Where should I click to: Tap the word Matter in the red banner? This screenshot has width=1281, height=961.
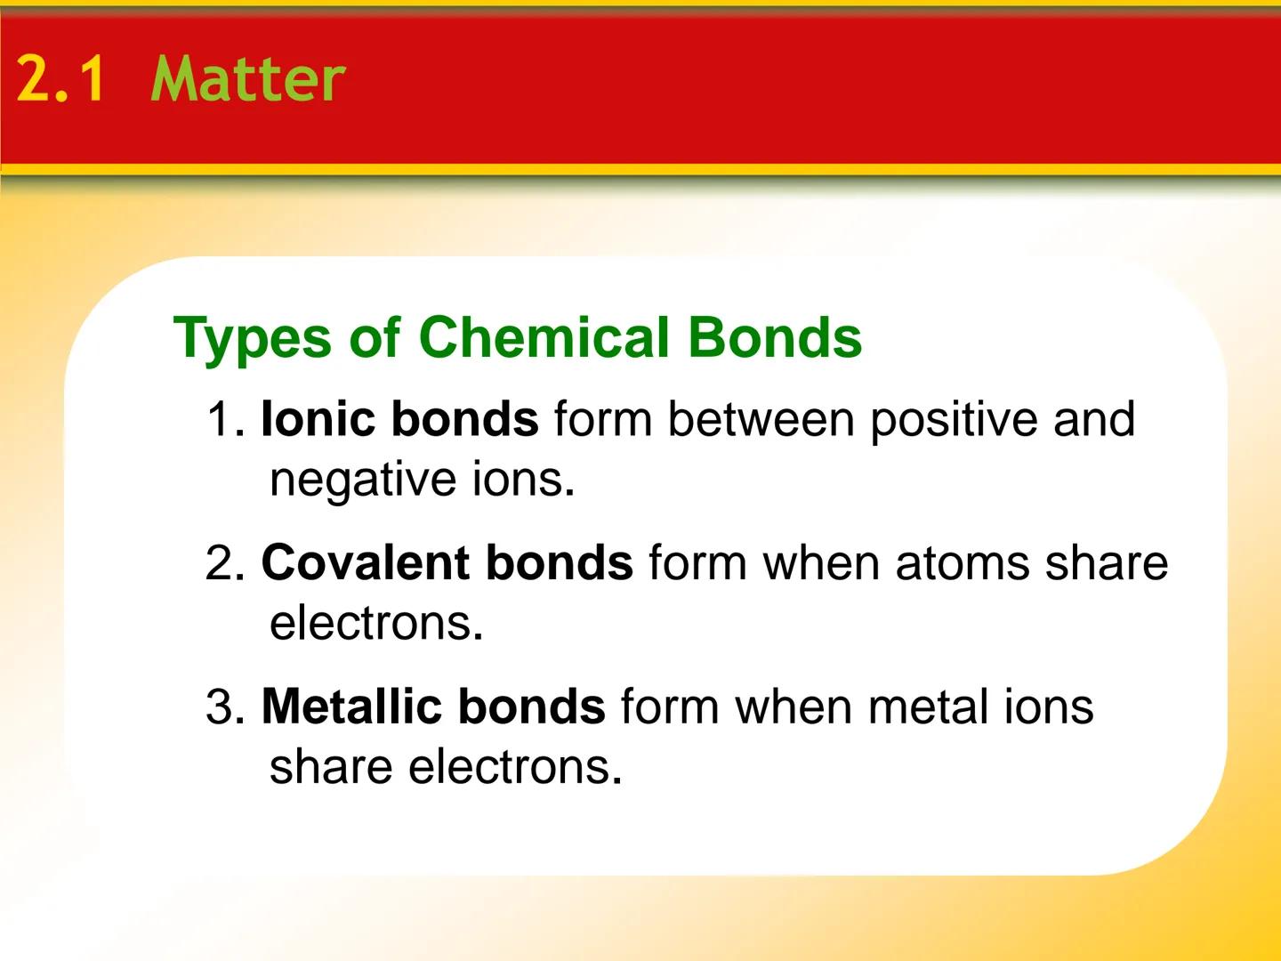pyautogui.click(x=248, y=78)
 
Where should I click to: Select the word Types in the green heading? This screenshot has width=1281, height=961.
pyautogui.click(x=253, y=339)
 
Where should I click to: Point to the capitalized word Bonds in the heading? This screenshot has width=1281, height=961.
pyautogui.click(x=774, y=337)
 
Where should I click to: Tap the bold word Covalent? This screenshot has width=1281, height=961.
pyautogui.click(x=358, y=563)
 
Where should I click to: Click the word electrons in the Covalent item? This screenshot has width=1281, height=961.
pyautogui.click(x=375, y=623)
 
